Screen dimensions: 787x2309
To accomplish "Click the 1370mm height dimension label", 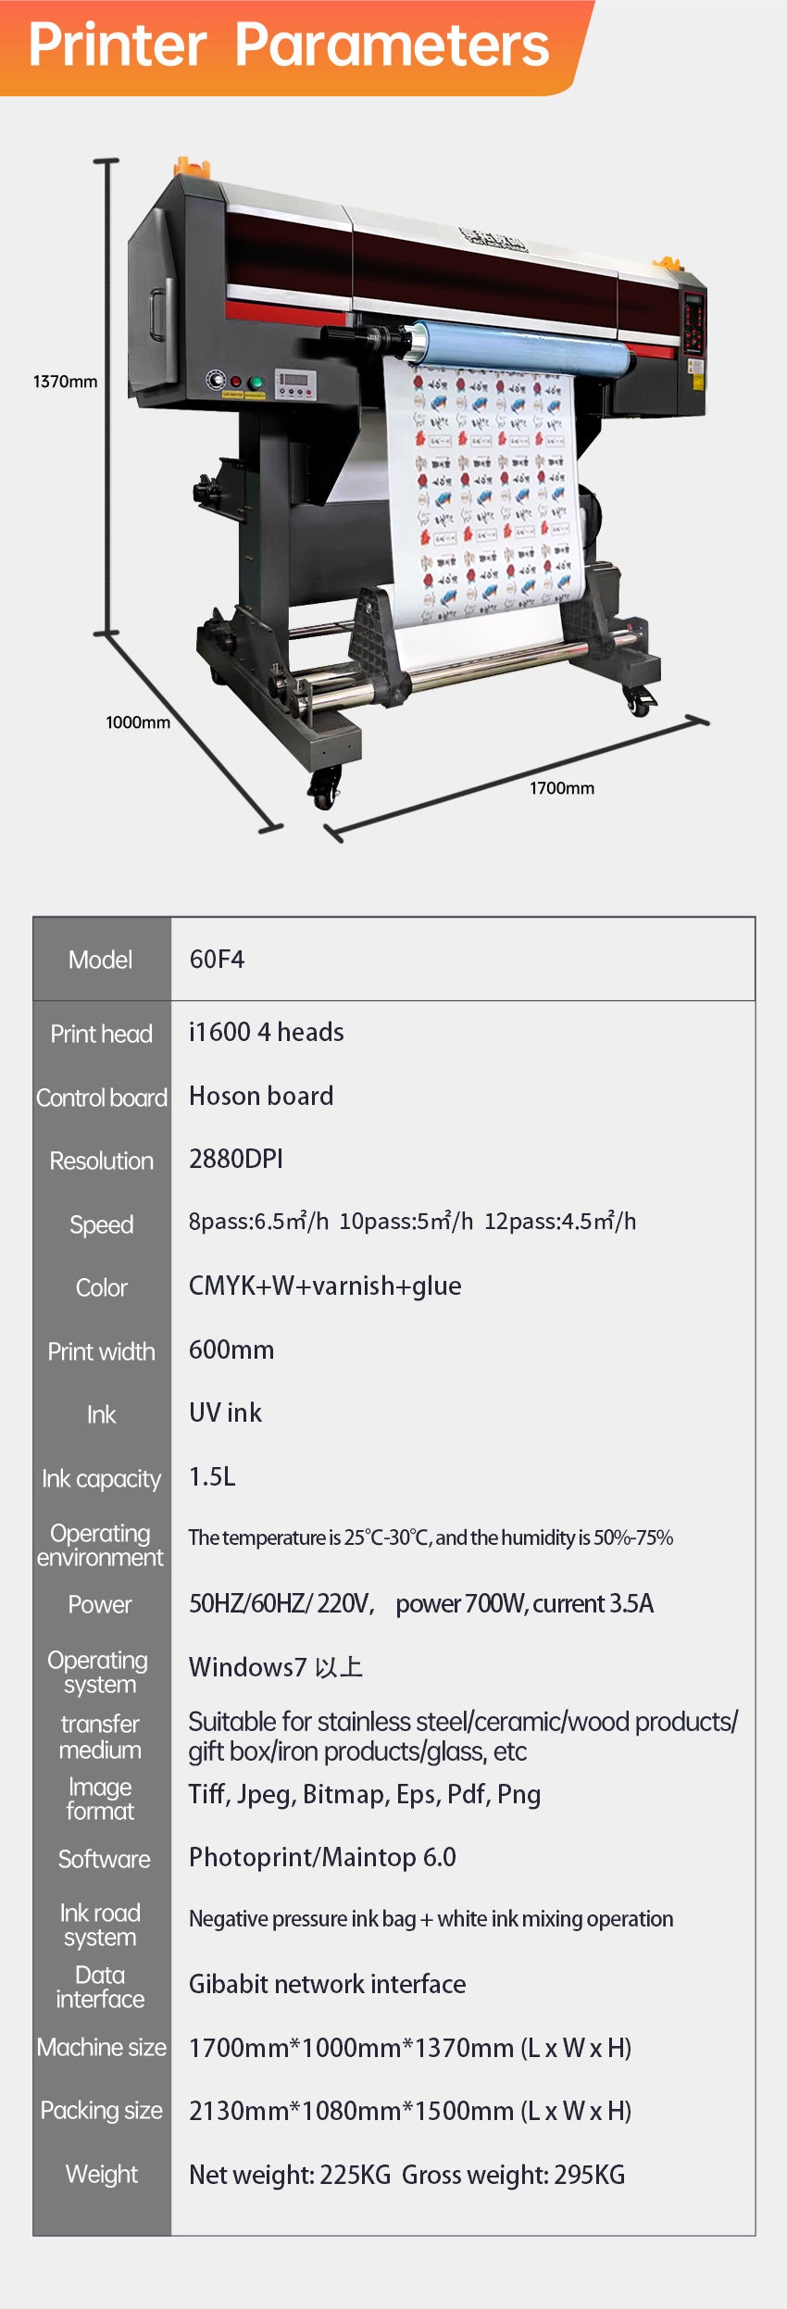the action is pos(65,382).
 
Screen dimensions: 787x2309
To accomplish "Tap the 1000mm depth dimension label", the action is pos(138,722).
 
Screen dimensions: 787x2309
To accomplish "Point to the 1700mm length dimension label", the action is pos(562,788).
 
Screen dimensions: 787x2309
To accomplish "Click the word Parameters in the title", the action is pos(392,45).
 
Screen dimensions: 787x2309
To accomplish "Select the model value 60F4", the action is pos(217,959).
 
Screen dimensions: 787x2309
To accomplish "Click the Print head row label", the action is pos(101,1034).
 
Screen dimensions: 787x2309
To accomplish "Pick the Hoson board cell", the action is pos(261,1096).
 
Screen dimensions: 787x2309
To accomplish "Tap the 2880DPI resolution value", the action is pos(236,1159).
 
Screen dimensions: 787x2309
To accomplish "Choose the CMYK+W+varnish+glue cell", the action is pos(325,1286).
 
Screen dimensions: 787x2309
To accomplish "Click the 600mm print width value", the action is pos(231,1349).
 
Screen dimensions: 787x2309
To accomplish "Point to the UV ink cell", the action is pos(225,1412).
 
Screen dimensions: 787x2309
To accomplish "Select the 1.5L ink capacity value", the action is pos(212,1476).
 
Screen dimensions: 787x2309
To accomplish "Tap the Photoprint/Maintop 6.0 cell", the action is pos(322,1857).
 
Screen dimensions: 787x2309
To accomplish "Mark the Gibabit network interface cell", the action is pos(327,1984).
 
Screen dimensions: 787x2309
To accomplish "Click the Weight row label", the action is pos(101,2175).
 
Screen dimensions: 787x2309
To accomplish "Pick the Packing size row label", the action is pos(101,2111).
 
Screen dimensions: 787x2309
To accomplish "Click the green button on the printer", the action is pos(256,383).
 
